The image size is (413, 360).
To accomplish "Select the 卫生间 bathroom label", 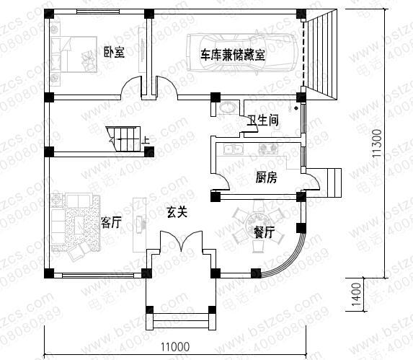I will pos(264,121).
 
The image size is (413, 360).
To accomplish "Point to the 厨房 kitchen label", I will pos(267,177).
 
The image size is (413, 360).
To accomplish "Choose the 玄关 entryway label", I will pos(177,213).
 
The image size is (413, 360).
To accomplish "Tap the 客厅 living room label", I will pos(112,222).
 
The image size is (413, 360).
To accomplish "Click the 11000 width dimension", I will pos(174,347).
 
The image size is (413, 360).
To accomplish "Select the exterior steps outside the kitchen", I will pos(334,181).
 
